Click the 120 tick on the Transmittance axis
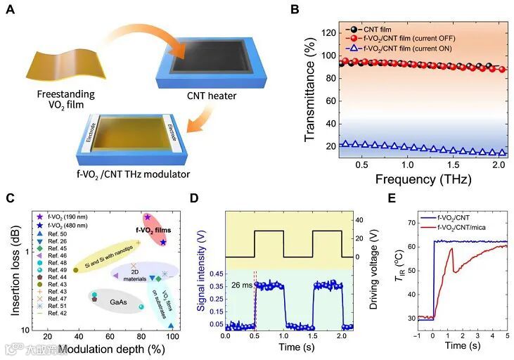[327, 32]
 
